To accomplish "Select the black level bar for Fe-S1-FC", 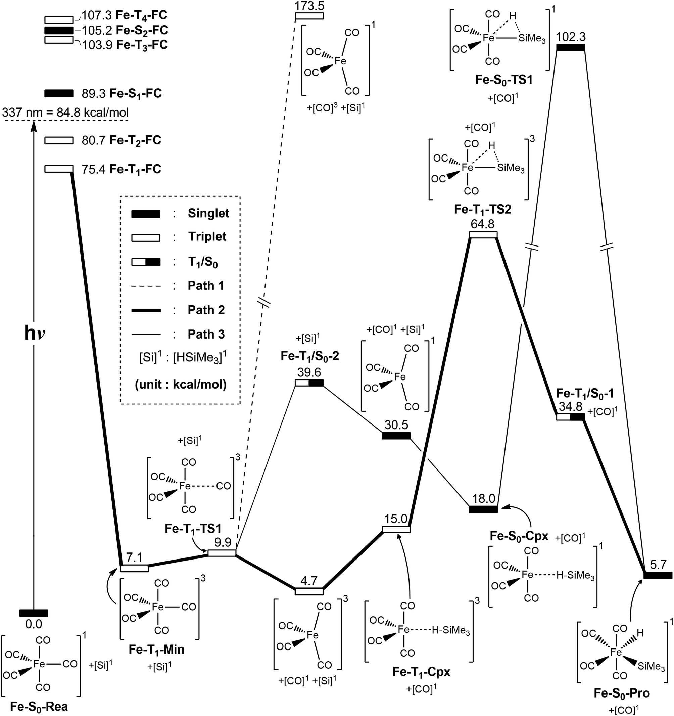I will click(58, 93).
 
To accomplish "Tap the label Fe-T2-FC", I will click(135, 140).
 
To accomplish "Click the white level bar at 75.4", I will click(58, 169).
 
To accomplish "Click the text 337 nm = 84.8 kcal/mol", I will click(65, 113).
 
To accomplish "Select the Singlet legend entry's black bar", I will click(146, 214).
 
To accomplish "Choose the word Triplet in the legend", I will click(207, 237).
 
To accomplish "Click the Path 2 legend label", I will click(206, 310).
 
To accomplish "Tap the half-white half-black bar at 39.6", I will click(309, 383).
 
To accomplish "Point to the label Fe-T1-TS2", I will click(482, 209).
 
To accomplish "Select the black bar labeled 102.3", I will click(570, 48).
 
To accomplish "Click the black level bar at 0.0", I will click(34, 613).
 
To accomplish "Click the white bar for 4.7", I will click(309, 591).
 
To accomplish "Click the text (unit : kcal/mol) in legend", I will click(181, 385).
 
